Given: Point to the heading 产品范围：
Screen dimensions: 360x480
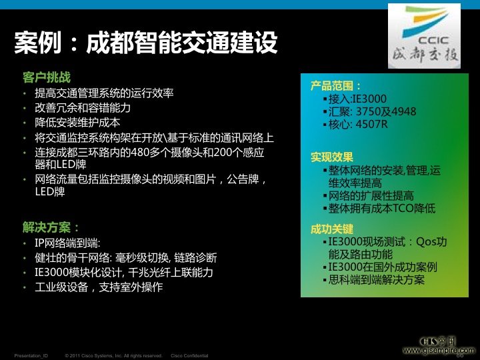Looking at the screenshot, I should (x=336, y=86).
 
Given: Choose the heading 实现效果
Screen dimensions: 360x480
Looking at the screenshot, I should (x=331, y=157).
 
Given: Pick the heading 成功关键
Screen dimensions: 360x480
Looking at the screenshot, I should (x=331, y=229).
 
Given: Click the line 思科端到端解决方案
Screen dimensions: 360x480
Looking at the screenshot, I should (x=377, y=279).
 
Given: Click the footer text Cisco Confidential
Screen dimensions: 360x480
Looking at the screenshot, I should (x=189, y=355).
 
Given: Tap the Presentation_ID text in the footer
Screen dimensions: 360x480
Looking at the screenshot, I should (x=31, y=355).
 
